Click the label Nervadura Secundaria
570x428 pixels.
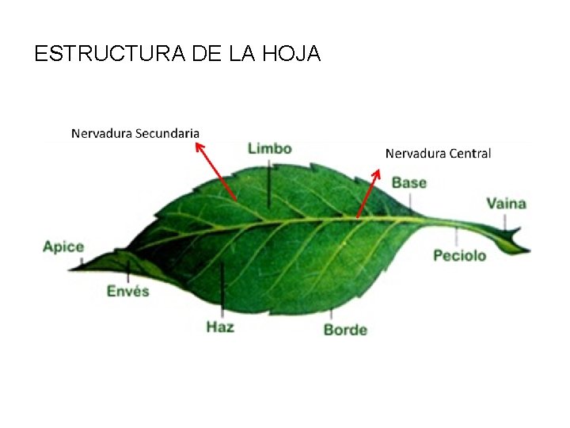(135, 133)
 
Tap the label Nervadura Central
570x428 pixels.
(438, 153)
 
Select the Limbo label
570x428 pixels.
(270, 148)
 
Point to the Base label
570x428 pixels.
(409, 183)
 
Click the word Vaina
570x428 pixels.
(506, 204)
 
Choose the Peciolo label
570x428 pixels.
(460, 255)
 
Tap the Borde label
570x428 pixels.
(345, 329)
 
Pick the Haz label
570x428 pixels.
(220, 326)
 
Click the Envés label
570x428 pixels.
(128, 291)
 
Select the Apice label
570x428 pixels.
(63, 246)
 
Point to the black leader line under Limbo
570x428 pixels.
(270, 184)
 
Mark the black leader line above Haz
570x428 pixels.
(222, 289)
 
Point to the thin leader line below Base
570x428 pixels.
(410, 204)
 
